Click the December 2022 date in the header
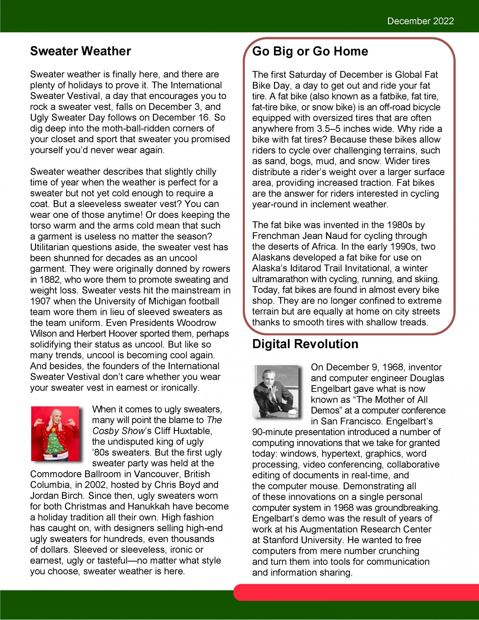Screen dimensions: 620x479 420,21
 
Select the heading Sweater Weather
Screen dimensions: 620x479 81,51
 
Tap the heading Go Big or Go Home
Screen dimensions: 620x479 310,51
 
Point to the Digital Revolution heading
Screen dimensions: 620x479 305,344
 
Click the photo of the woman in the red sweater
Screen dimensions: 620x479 55,433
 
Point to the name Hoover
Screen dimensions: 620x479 129,334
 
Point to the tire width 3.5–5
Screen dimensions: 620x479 329,129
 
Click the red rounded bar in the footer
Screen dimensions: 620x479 356,592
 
